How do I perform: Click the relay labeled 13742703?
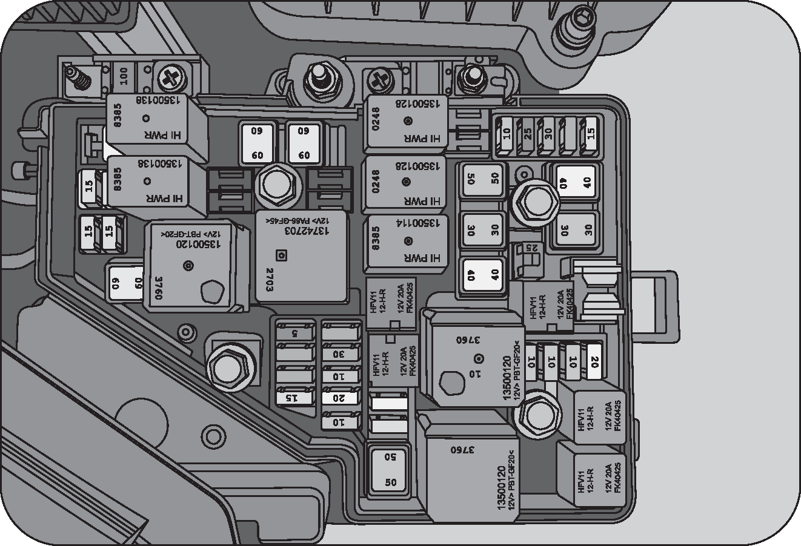(301, 256)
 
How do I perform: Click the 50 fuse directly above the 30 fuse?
(482, 179)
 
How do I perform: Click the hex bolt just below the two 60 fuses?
(279, 185)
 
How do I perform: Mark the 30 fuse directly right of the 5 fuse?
(339, 354)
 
